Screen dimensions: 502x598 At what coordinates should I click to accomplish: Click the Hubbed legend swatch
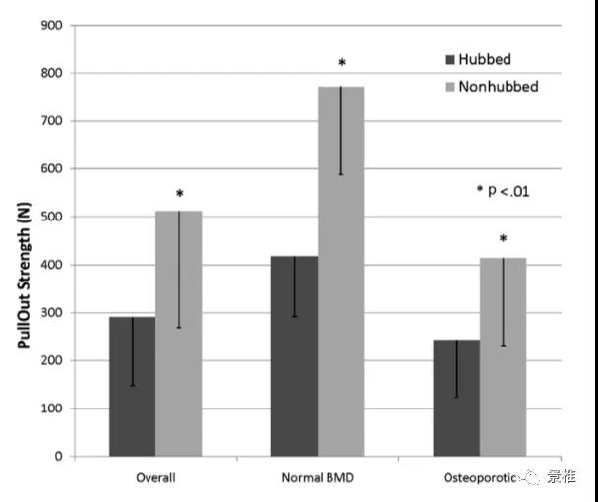pyautogui.click(x=452, y=59)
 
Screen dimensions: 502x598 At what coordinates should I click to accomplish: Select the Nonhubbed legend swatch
pyautogui.click(x=452, y=87)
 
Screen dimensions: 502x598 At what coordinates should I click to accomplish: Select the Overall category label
pyautogui.click(x=155, y=479)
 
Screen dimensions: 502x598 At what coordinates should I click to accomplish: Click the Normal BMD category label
pyautogui.click(x=317, y=479)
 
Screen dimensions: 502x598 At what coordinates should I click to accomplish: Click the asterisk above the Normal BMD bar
pyautogui.click(x=341, y=64)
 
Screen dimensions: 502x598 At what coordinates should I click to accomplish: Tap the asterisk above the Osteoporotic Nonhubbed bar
pyautogui.click(x=503, y=240)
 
